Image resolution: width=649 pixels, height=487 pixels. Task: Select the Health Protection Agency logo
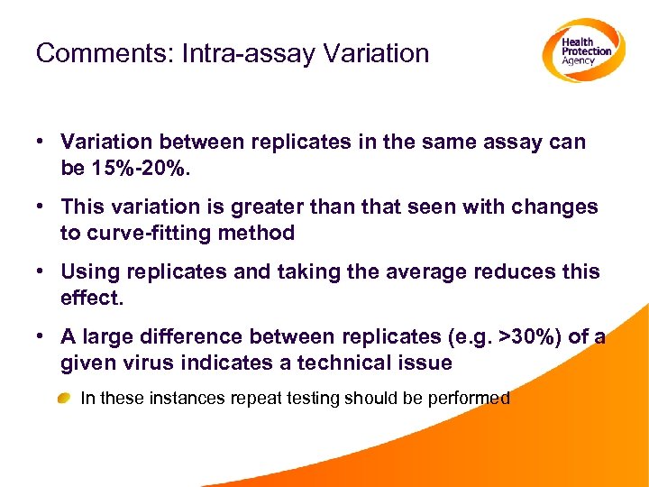tap(583, 51)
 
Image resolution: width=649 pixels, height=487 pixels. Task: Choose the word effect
tap(91, 298)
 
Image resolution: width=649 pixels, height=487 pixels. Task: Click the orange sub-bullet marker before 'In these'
tap(65, 399)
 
